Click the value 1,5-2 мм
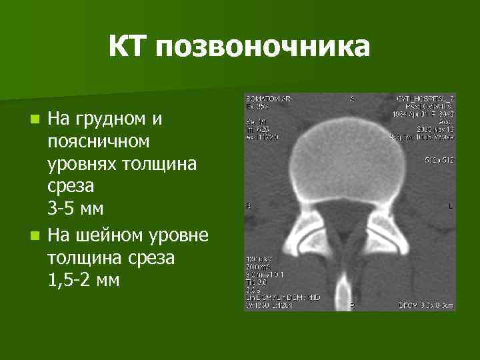(83, 280)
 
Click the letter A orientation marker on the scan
(352, 99)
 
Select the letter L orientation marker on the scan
(450, 207)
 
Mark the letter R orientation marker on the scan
(248, 207)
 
